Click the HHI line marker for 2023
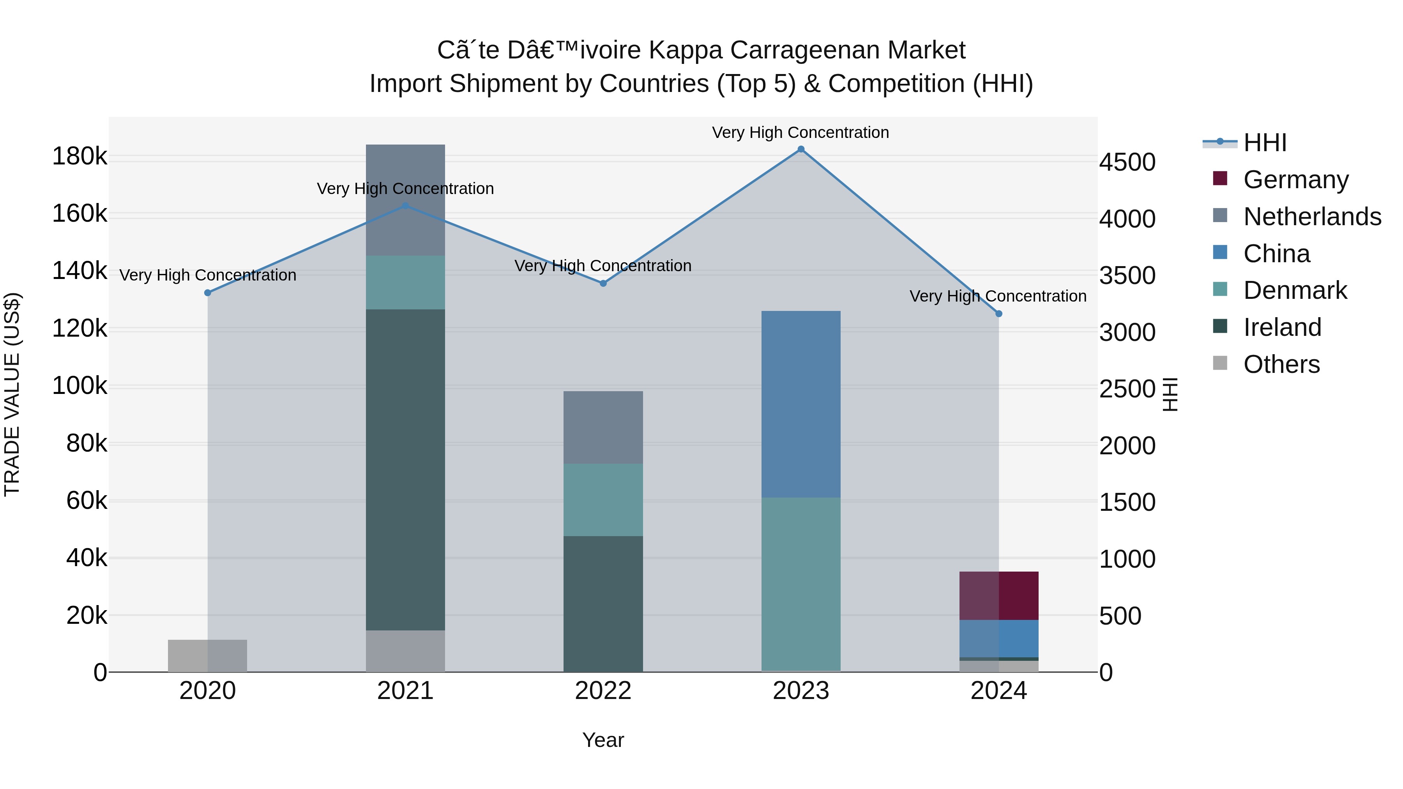(x=800, y=149)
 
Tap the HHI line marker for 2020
(x=207, y=293)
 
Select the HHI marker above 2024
(x=998, y=314)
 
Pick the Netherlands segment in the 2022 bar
(x=603, y=427)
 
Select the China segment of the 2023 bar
(x=800, y=404)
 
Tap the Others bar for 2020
(x=207, y=656)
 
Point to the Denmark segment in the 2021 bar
(x=405, y=282)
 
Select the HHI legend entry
(x=1264, y=143)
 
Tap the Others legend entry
(x=1281, y=364)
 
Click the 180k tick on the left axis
(x=80, y=157)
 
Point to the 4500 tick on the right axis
(x=1127, y=162)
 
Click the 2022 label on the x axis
(x=603, y=691)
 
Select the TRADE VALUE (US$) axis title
(x=12, y=394)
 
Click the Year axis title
(x=603, y=740)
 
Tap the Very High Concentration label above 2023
(x=800, y=132)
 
